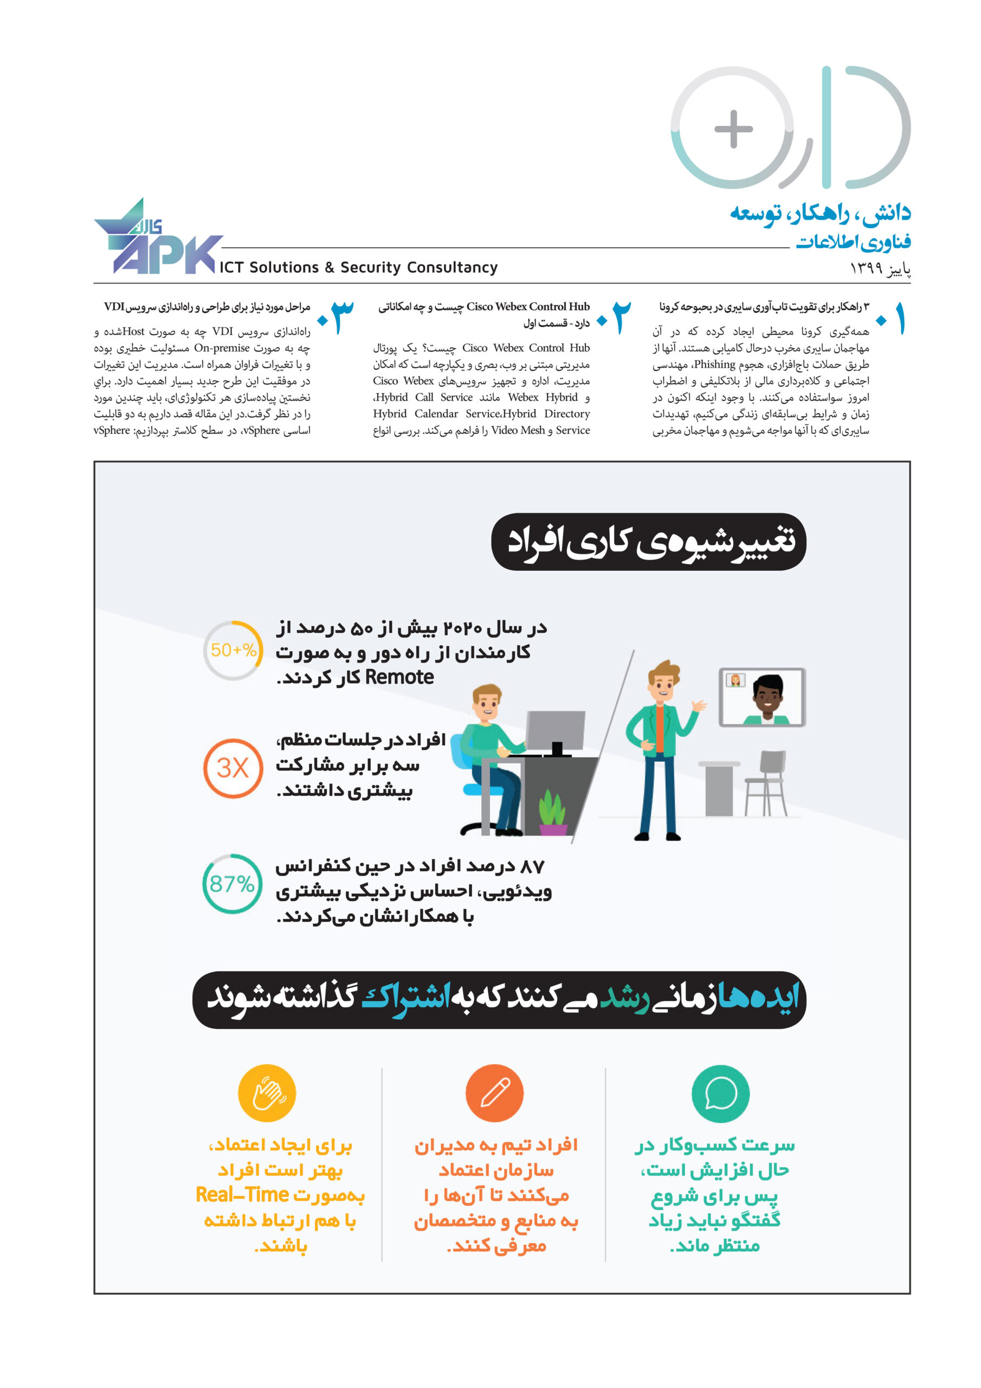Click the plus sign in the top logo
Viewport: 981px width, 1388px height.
pyautogui.click(x=733, y=128)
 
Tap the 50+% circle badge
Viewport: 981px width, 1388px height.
pyautogui.click(x=233, y=650)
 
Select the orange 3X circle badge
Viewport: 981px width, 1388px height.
pyautogui.click(x=233, y=768)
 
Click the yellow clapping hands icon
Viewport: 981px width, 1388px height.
pyautogui.click(x=267, y=1093)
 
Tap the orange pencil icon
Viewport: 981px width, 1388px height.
pyautogui.click(x=494, y=1093)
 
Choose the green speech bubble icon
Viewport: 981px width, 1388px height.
pyautogui.click(x=720, y=1093)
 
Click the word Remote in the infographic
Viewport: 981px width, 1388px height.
pyautogui.click(x=399, y=677)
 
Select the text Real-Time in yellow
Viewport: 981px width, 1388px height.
pyautogui.click(x=242, y=1195)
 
